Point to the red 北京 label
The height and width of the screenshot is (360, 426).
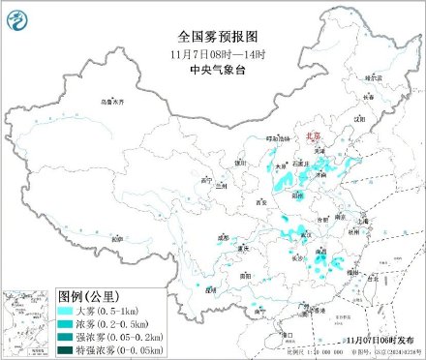312,137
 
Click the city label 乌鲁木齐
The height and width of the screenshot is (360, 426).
114,101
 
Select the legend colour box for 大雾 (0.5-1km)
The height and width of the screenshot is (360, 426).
66,310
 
